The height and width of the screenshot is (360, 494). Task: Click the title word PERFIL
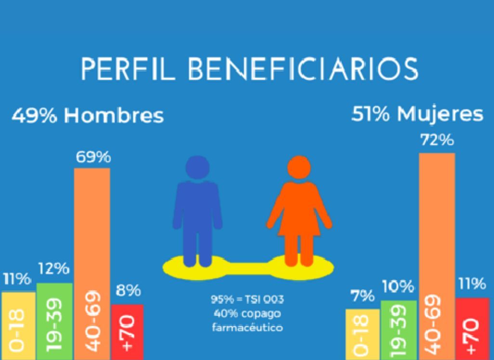click(x=125, y=70)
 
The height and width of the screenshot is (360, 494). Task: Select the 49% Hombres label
click(x=88, y=116)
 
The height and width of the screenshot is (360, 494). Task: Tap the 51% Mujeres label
click(x=417, y=115)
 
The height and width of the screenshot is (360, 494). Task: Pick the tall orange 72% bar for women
click(x=437, y=255)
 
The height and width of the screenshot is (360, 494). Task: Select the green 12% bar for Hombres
click(x=54, y=320)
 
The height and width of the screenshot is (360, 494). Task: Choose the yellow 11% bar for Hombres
click(x=18, y=325)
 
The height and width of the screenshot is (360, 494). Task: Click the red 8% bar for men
click(x=127, y=332)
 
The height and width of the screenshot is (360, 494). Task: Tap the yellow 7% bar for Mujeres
click(x=362, y=334)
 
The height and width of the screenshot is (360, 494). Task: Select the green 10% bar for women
click(x=398, y=329)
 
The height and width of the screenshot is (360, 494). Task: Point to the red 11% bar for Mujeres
click(x=472, y=328)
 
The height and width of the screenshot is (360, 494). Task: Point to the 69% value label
click(x=92, y=157)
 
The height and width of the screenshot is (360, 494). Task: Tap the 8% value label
click(x=128, y=291)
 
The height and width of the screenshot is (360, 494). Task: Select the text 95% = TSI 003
click(x=247, y=300)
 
